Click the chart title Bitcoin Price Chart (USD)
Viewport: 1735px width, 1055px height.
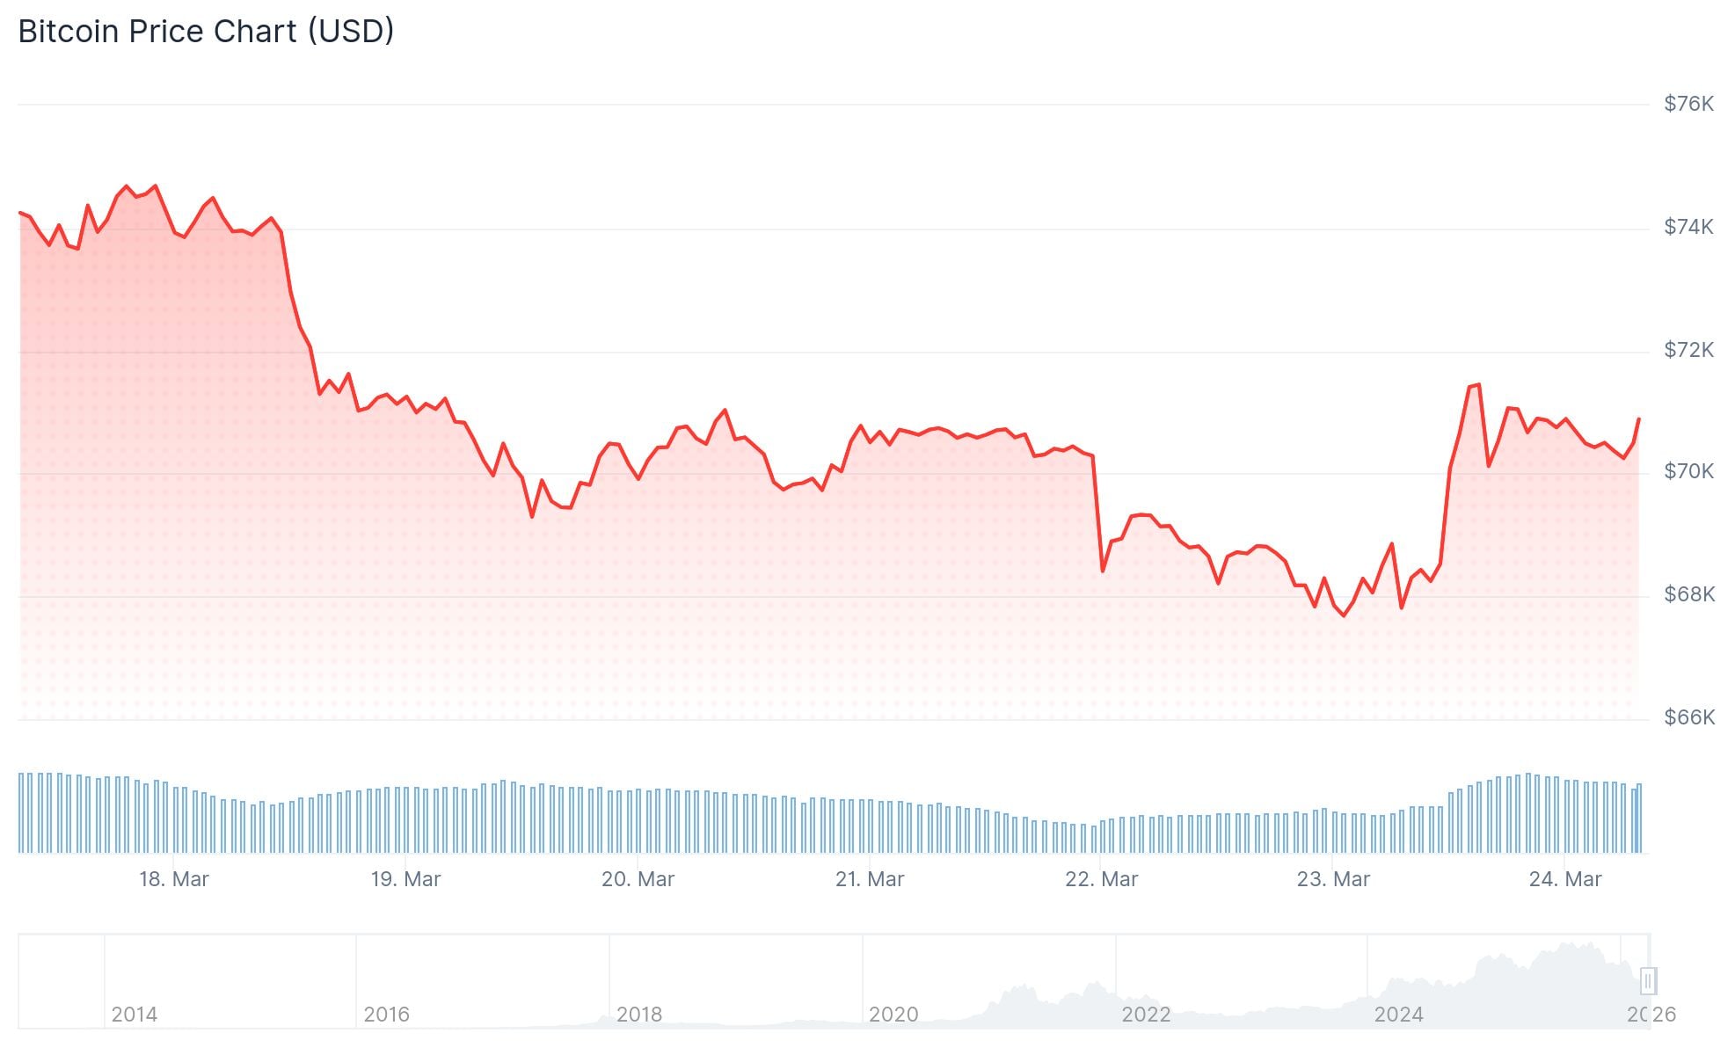(x=206, y=32)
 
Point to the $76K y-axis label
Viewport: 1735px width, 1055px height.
(x=1688, y=104)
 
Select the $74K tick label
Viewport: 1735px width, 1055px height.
(x=1688, y=227)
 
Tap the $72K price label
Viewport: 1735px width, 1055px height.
(x=1688, y=350)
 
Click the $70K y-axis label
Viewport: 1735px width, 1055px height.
(x=1688, y=471)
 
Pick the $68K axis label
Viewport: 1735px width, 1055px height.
(x=1688, y=594)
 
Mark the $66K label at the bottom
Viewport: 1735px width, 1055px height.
(x=1688, y=717)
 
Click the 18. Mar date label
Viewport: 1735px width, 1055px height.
(x=174, y=879)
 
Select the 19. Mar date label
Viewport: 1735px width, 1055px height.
(x=405, y=879)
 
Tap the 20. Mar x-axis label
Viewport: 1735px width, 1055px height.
(x=638, y=879)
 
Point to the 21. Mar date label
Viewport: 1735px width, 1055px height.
(x=870, y=879)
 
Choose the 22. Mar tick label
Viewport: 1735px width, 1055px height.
(x=1101, y=879)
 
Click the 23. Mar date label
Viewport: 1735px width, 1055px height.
(x=1333, y=879)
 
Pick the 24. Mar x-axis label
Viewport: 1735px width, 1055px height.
(x=1565, y=879)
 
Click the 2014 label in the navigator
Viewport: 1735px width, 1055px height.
(x=135, y=1015)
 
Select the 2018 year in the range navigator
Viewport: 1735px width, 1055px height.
(x=639, y=1015)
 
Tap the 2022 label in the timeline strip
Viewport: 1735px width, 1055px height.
(x=1146, y=1015)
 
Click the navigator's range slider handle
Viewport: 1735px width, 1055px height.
(x=1648, y=980)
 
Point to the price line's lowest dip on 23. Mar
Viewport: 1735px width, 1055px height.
(x=1344, y=615)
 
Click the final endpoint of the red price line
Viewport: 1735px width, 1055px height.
(x=1638, y=419)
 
